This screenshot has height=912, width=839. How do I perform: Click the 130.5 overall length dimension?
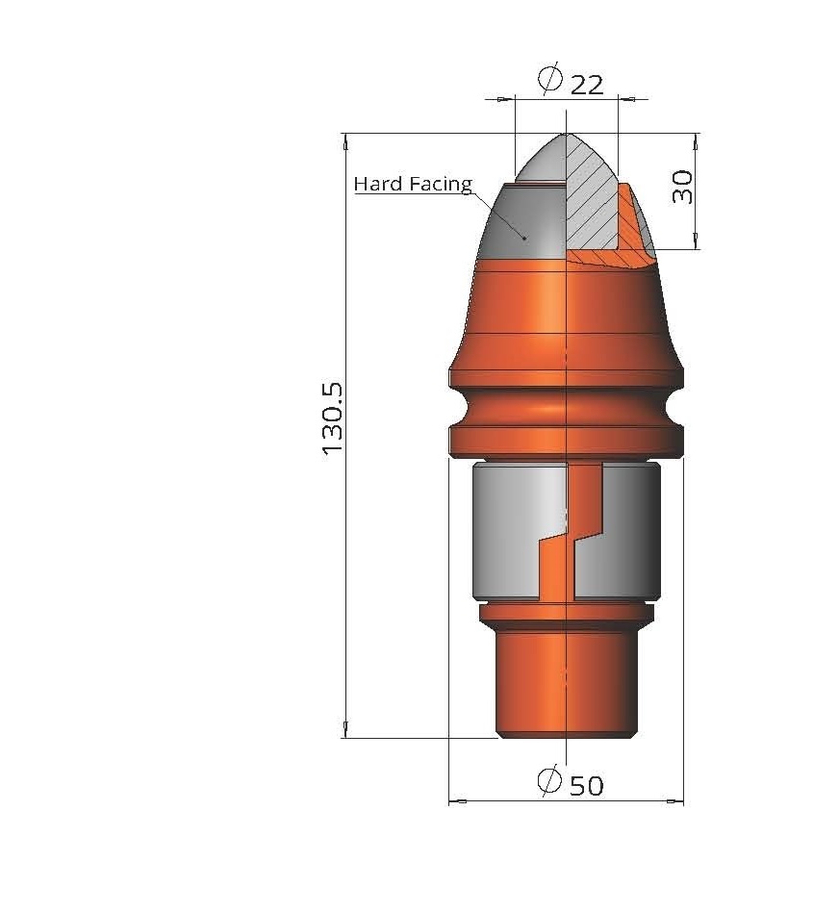(333, 418)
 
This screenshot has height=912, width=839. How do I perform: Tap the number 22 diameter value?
(587, 86)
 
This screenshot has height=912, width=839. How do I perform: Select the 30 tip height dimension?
(682, 187)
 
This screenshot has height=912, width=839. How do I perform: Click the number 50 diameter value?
(586, 786)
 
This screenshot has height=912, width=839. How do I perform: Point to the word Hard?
(378, 184)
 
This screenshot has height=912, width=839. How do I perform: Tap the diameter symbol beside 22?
(549, 79)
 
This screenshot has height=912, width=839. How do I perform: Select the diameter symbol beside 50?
(549, 780)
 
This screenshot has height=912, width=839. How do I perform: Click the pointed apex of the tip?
(566, 135)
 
